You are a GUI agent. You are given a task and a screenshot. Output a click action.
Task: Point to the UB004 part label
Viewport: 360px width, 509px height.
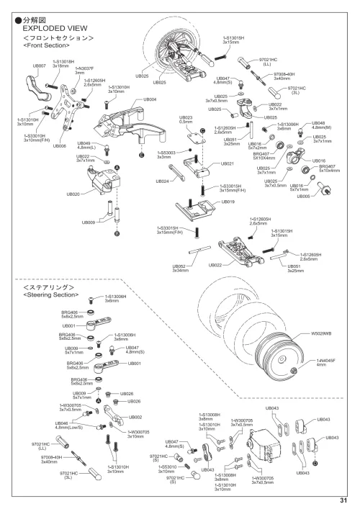pos(150,99)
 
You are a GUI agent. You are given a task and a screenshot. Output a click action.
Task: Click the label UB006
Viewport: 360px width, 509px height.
pos(60,146)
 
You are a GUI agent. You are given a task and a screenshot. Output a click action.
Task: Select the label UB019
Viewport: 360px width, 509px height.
pos(228,202)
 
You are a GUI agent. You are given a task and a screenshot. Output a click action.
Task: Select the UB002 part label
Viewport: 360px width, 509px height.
pos(135,417)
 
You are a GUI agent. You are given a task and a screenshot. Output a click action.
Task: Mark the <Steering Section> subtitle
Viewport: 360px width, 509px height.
pos(50,294)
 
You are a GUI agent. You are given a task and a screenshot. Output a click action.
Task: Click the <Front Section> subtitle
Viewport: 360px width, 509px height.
pos(46,45)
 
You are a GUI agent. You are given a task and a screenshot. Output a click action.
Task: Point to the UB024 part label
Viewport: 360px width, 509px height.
pos(162,182)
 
